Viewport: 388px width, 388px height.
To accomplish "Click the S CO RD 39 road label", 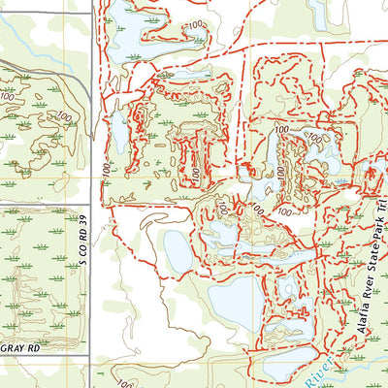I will [83, 240].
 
